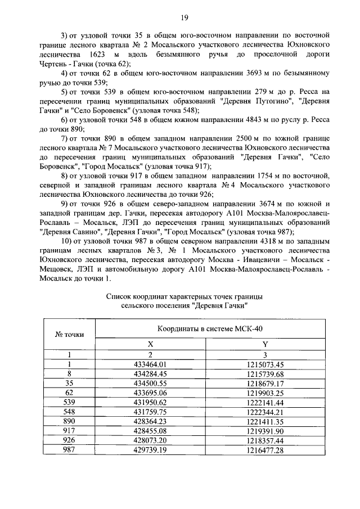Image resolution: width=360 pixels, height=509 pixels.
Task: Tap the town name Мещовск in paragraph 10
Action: pyautogui.click(x=58, y=269)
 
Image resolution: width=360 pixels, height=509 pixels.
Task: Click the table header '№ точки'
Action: pyautogui.click(x=70, y=334)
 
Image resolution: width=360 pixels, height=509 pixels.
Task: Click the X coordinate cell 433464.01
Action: pyautogui.click(x=150, y=364)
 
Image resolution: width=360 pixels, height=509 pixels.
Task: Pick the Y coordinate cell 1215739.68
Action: pyautogui.click(x=265, y=373)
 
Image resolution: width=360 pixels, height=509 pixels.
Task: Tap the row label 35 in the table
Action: pyautogui.click(x=70, y=383)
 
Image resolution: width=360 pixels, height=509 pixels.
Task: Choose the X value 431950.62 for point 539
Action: pyautogui.click(x=150, y=403)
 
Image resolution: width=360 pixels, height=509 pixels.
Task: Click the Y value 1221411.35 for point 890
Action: pyautogui.click(x=265, y=422)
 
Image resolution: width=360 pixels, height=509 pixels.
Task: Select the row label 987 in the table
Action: pyautogui.click(x=70, y=451)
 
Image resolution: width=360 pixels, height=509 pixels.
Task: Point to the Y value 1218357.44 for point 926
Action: pyautogui.click(x=265, y=441)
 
